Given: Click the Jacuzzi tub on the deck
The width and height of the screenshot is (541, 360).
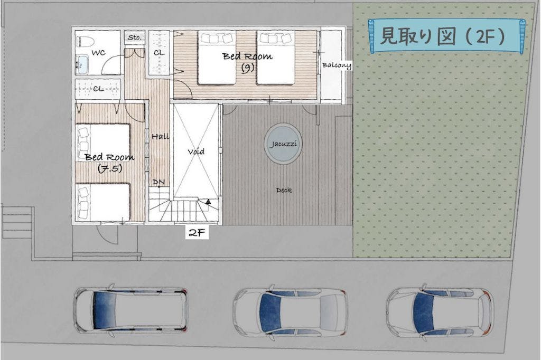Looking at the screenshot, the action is click(x=283, y=144).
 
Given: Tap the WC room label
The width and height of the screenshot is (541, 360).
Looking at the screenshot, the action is click(x=98, y=53).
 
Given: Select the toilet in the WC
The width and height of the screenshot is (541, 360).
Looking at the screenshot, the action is click(x=85, y=42).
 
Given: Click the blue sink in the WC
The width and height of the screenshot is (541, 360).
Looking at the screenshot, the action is click(x=82, y=64).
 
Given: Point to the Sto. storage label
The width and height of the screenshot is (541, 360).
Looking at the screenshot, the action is click(x=135, y=37).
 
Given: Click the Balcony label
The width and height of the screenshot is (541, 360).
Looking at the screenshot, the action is click(x=337, y=65).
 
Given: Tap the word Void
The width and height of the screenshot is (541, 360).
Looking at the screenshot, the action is click(x=196, y=151).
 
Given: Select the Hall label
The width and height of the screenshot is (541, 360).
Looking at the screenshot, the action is click(x=161, y=137).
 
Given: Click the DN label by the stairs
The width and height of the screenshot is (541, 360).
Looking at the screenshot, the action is click(x=158, y=182).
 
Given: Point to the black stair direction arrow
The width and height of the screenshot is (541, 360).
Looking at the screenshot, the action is click(x=208, y=202).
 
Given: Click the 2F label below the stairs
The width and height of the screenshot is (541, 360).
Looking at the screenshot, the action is click(x=197, y=233).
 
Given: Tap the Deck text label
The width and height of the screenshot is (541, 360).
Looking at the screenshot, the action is click(x=284, y=190).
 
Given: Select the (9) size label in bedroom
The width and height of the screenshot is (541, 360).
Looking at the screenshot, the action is click(x=247, y=68).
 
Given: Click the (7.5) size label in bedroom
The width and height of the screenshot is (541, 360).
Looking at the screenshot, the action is click(x=110, y=168).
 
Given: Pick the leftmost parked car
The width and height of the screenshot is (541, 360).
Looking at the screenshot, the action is click(x=131, y=309).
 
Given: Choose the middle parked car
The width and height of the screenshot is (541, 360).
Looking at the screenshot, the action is click(x=290, y=310).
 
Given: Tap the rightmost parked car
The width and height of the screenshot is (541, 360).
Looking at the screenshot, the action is click(x=440, y=310).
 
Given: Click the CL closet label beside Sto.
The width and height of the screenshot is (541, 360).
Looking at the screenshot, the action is click(x=159, y=53).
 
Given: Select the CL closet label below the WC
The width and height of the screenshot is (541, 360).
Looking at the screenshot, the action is click(x=98, y=89).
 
